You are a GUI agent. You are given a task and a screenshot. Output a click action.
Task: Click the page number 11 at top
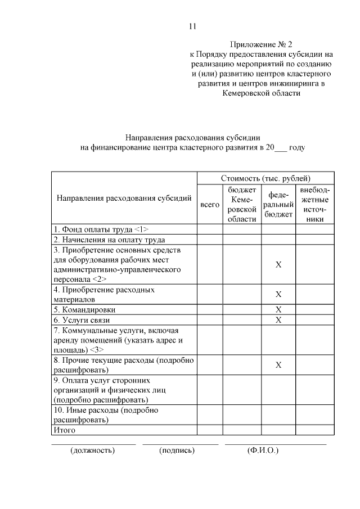(192, 26)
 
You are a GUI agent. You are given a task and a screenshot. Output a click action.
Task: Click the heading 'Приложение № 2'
(261, 44)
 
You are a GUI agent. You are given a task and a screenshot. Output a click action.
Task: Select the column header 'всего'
(210, 205)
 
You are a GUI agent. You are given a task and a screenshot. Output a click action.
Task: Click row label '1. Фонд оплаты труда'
(101, 229)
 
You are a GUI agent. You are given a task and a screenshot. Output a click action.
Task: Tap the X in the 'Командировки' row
(278, 310)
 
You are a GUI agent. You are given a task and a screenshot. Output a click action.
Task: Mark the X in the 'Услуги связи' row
(278, 320)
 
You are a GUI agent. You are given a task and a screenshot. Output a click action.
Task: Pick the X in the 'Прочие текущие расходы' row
(278, 365)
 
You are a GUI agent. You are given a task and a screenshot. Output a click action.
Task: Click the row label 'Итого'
(64, 430)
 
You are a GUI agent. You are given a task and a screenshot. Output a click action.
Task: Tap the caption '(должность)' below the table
(93, 451)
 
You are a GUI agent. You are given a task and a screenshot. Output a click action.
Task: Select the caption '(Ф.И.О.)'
(263, 451)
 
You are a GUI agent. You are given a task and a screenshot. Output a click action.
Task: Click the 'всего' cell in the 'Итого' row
(210, 430)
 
